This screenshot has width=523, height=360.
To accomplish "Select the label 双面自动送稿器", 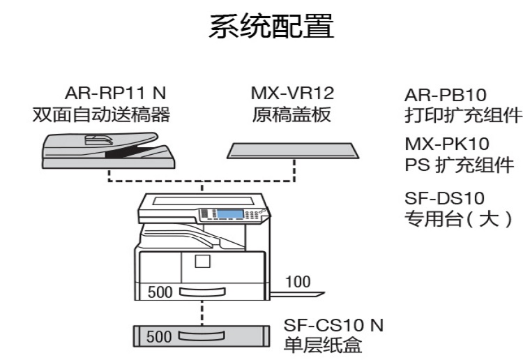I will [101, 114].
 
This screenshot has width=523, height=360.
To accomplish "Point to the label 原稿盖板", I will [292, 114].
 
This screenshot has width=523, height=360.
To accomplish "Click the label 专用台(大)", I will [460, 219].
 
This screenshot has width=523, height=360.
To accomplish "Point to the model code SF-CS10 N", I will [333, 325].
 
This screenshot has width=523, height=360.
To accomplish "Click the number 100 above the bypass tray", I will [298, 281].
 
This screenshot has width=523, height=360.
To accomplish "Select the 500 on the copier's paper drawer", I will [160, 292].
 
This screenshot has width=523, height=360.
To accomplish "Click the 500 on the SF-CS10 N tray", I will [159, 337].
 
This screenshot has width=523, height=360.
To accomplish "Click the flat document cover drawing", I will [293, 149].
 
